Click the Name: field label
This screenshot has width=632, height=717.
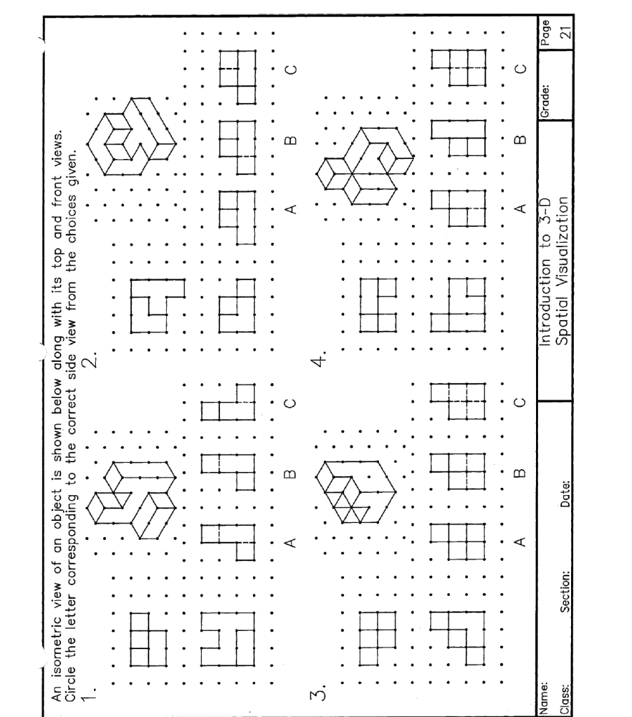click(551, 690)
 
